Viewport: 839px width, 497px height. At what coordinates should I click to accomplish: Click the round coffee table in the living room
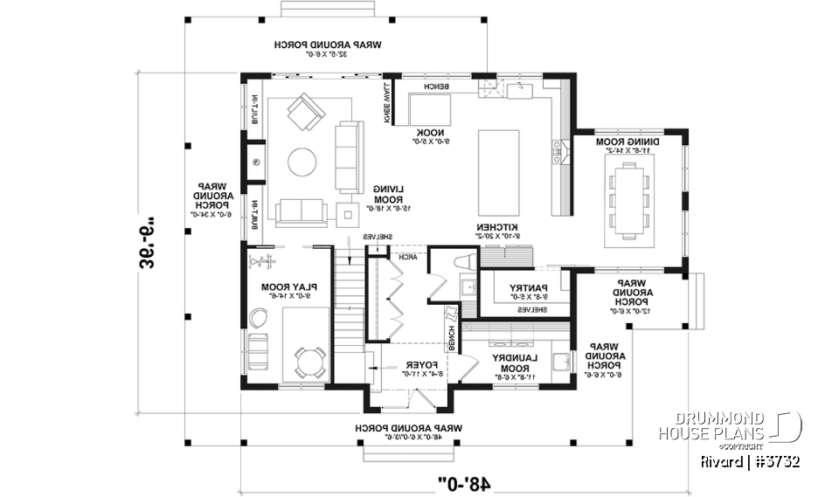[x=303, y=162]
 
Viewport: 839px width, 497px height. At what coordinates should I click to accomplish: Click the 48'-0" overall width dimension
[x=464, y=480]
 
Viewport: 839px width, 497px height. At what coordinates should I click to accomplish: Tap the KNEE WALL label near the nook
[x=386, y=101]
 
